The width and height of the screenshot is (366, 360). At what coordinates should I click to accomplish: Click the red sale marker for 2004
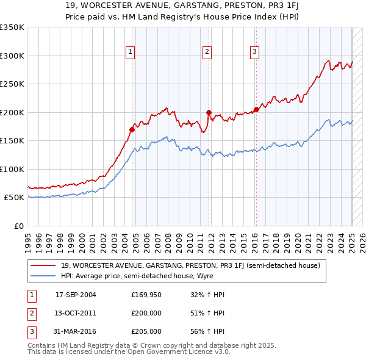click(x=132, y=129)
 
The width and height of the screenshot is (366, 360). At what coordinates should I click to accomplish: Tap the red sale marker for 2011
click(x=209, y=112)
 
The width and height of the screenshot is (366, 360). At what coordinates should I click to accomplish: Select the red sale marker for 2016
click(x=256, y=109)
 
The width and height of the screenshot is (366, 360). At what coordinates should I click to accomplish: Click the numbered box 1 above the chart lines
click(x=131, y=52)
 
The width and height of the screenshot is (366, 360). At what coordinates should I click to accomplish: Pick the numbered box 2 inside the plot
click(x=207, y=52)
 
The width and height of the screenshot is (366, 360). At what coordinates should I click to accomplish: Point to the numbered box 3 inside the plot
click(x=254, y=52)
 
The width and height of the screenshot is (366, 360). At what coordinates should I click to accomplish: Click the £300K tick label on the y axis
click(x=12, y=56)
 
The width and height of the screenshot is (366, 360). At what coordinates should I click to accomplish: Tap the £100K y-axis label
click(x=12, y=169)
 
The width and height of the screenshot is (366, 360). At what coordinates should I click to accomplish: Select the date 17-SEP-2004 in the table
click(x=76, y=295)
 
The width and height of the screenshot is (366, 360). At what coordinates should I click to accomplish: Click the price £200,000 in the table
click(x=146, y=313)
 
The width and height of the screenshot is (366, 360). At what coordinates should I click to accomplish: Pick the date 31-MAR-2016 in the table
click(x=76, y=331)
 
